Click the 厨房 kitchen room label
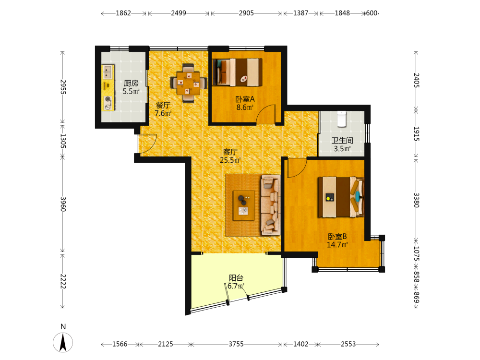pyautogui.click(x=131, y=83)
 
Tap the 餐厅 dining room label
pyautogui.click(x=163, y=105)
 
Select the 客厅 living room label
pyautogui.click(x=230, y=152)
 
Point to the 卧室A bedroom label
pyautogui.click(x=245, y=99)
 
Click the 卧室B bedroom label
pyautogui.click(x=337, y=237)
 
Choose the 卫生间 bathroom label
pyautogui.click(x=342, y=141)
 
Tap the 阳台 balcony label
pyautogui.click(x=236, y=278)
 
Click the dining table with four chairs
pyautogui.click(x=188, y=83)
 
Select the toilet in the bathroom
pyautogui.click(x=342, y=119)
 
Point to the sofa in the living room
pyautogui.click(x=271, y=205)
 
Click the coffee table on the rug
pyautogui.click(x=244, y=205)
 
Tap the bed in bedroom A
pyautogui.click(x=238, y=72)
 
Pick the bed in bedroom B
pyautogui.click(x=341, y=197)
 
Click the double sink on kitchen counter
pyautogui.click(x=107, y=72)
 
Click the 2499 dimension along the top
pyautogui.click(x=179, y=13)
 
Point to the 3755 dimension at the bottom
pyautogui.click(x=236, y=344)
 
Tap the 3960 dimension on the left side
pyautogui.click(x=63, y=204)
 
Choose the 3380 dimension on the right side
pyautogui.click(x=416, y=200)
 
